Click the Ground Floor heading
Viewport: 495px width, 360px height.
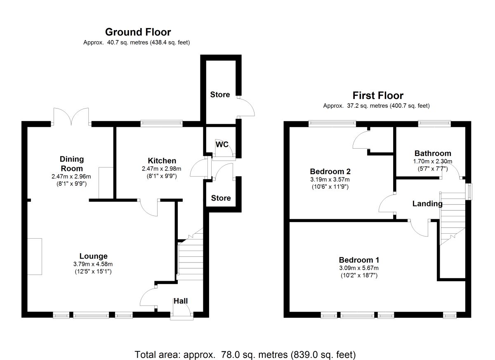(x=138, y=32)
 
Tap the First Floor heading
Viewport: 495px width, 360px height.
(x=378, y=95)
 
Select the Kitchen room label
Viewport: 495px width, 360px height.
(x=162, y=161)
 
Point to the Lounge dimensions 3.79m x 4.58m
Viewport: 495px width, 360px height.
(x=93, y=264)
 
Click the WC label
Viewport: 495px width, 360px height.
(x=222, y=144)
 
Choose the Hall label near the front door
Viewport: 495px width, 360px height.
(x=181, y=301)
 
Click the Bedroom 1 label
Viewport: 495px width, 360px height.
(x=359, y=260)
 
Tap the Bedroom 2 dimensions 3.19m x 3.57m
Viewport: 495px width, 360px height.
(x=330, y=179)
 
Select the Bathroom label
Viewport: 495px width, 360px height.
(x=433, y=153)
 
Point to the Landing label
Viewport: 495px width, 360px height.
(x=427, y=204)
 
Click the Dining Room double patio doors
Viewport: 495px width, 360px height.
(x=71, y=117)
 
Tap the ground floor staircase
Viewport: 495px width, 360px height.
(x=191, y=254)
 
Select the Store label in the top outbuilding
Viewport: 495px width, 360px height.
(x=220, y=95)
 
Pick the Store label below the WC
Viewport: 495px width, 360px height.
(x=221, y=198)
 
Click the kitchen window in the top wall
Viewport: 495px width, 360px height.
(x=162, y=123)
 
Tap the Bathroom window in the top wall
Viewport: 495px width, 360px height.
(x=434, y=123)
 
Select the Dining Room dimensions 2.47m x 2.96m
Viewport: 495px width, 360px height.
(x=71, y=176)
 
